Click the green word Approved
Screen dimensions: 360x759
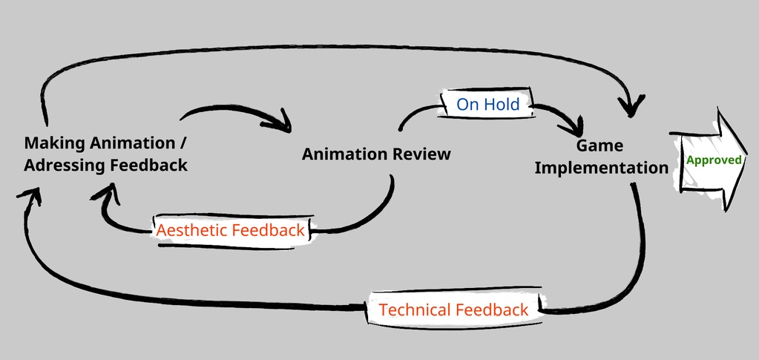point(714,160)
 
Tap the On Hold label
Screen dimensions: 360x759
point(487,105)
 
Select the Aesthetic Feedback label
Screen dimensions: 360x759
point(230,230)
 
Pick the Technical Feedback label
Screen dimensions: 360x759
point(453,310)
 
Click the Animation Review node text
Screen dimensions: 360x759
point(376,154)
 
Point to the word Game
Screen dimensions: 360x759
point(600,145)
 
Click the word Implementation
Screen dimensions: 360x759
point(601,168)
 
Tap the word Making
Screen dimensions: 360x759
point(53,142)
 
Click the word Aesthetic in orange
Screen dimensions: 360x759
point(191,230)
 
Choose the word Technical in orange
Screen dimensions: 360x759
point(416,310)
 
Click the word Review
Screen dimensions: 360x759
point(421,154)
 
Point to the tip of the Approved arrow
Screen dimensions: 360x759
point(745,159)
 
